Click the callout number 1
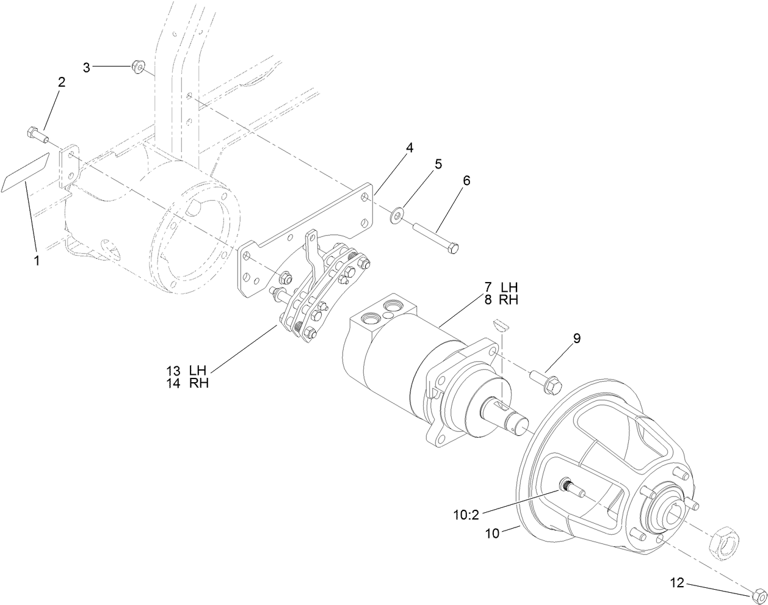[37, 261]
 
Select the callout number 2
[62, 82]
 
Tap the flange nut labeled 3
[137, 66]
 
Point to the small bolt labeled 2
[35, 133]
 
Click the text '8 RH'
[501, 300]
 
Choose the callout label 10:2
[466, 515]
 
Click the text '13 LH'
[186, 371]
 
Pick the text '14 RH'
[186, 383]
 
